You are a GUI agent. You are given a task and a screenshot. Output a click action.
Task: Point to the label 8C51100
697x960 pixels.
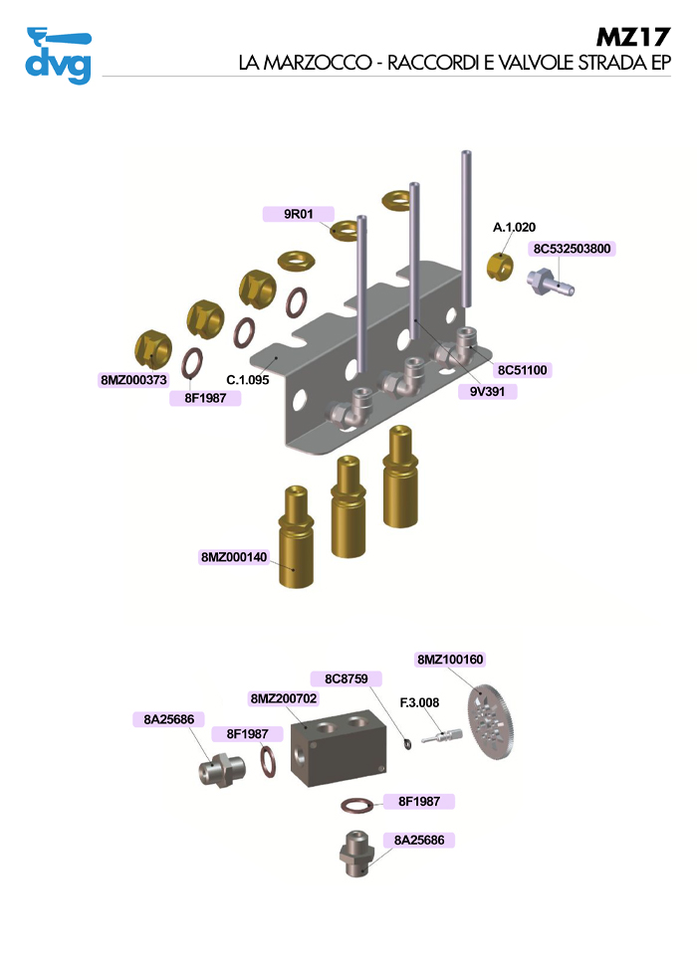(x=523, y=370)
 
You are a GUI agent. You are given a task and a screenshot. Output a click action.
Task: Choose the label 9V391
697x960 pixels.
(x=487, y=392)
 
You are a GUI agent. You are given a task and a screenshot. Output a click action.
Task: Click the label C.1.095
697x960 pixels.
(x=249, y=379)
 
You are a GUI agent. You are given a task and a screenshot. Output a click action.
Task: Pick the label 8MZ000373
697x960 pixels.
(x=134, y=380)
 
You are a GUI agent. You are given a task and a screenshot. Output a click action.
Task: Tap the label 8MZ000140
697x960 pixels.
(x=234, y=557)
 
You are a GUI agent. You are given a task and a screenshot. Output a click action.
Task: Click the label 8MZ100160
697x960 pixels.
(x=450, y=660)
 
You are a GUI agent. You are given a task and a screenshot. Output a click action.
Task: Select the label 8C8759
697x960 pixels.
(x=347, y=679)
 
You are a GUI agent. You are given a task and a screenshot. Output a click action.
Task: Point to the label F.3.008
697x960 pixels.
(x=419, y=702)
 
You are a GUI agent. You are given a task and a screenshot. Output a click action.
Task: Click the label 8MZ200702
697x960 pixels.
(x=284, y=699)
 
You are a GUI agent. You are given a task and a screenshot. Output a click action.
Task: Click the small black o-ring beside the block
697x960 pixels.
(x=407, y=743)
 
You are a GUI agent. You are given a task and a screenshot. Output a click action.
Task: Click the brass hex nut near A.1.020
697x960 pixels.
(x=498, y=267)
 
